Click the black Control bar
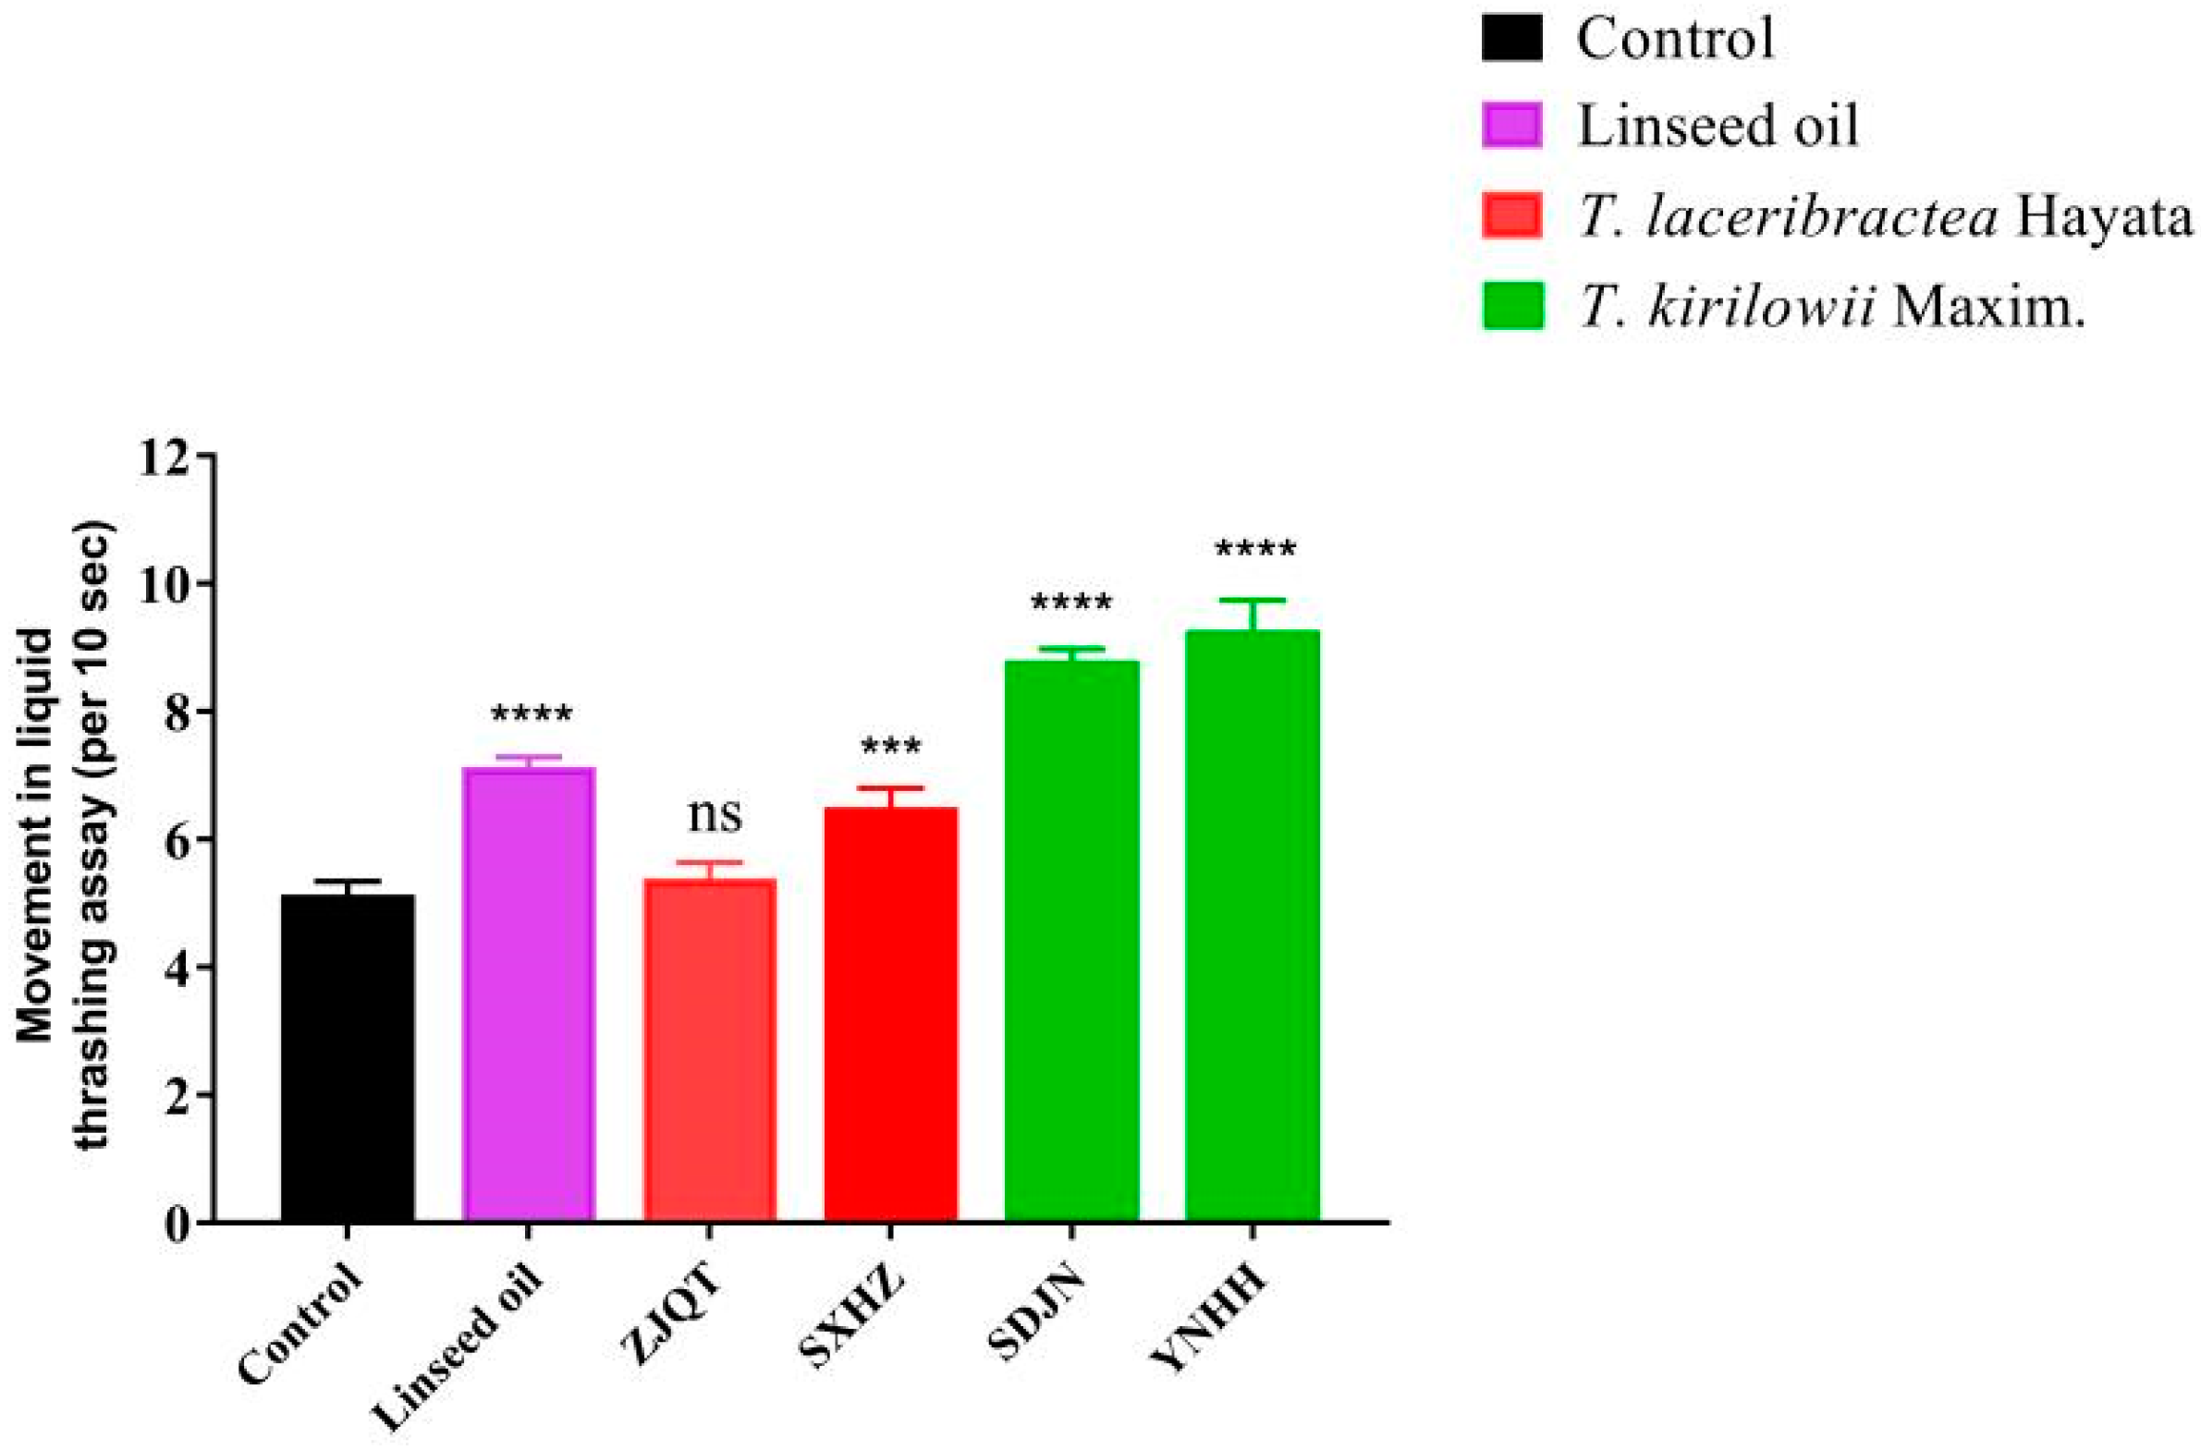coord(348,1059)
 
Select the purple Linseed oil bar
coord(528,995)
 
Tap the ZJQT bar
coord(709,1051)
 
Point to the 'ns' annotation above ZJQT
coord(714,814)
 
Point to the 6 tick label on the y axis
coord(179,840)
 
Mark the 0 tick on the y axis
coord(179,1224)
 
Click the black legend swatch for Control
coord(1512,39)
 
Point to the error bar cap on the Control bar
coord(348,882)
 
